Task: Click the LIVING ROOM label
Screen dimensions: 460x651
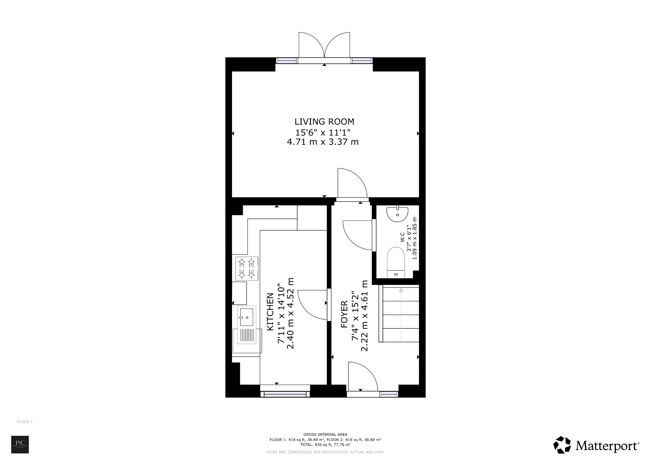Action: pos(324,122)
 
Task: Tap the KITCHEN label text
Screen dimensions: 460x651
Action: pos(270,312)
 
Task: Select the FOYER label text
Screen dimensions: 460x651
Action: pos(344,314)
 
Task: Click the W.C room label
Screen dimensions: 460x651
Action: pos(402,237)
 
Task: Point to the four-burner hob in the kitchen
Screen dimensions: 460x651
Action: pos(247,268)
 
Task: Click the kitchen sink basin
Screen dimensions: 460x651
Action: pos(247,317)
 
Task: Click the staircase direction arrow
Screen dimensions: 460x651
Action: pos(401,290)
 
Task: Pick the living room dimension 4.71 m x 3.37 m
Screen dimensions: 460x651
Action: pos(323,142)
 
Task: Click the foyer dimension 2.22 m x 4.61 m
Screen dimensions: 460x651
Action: pos(365,315)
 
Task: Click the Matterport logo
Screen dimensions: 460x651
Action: pos(596,445)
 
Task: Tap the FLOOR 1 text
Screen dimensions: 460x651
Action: pos(25,422)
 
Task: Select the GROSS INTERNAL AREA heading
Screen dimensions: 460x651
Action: pos(325,434)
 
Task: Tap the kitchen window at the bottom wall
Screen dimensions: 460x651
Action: pos(285,394)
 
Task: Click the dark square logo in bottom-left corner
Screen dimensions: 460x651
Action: pos(20,444)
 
